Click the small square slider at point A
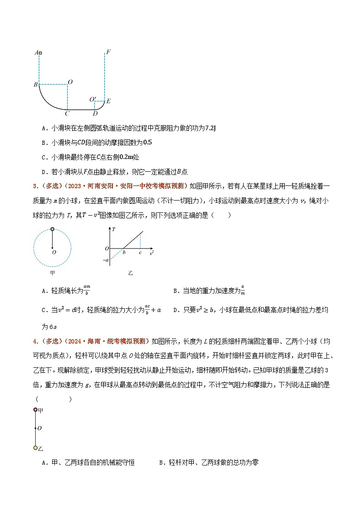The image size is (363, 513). (x=40, y=53)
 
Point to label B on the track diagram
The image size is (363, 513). (x=35, y=85)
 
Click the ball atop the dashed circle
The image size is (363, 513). (x=52, y=229)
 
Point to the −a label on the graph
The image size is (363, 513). (x=106, y=260)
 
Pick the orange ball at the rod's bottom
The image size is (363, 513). (x=35, y=448)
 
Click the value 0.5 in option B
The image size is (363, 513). (x=147, y=143)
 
